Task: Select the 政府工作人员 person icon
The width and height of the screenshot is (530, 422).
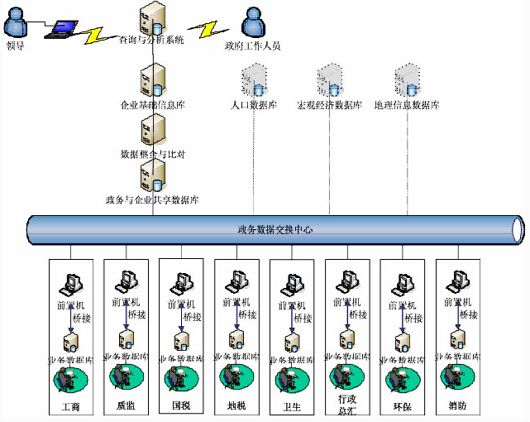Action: [253, 21]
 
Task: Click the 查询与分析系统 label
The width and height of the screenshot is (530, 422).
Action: [151, 40]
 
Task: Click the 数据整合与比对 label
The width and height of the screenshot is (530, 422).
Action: [154, 154]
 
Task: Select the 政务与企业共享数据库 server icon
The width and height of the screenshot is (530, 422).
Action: [153, 175]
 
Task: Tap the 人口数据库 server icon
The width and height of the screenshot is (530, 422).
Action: [253, 81]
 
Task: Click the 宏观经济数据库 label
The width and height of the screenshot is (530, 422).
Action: [329, 106]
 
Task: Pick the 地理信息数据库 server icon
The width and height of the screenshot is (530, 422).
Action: [406, 80]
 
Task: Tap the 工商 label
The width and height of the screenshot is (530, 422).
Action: [72, 407]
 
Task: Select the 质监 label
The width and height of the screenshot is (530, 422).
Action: [127, 407]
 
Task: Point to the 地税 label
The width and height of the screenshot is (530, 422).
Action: [237, 407]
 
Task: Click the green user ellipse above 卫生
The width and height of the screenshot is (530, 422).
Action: [291, 378]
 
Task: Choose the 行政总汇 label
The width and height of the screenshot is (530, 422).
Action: [346, 405]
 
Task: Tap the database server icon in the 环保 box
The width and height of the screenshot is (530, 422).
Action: [402, 341]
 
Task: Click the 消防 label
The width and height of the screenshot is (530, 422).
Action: [457, 407]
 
